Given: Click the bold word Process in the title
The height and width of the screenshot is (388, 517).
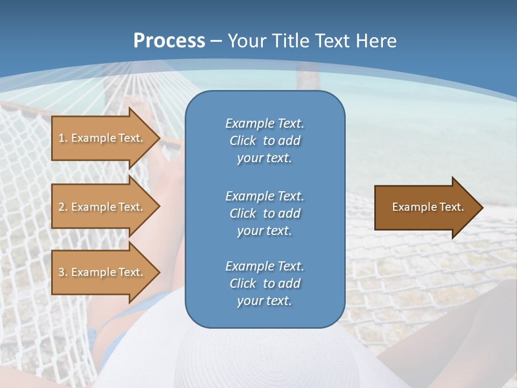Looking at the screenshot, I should point(169,41).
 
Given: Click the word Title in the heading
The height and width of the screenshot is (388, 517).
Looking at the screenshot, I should point(291,41).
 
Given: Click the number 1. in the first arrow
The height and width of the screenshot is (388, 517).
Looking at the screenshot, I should point(63,138).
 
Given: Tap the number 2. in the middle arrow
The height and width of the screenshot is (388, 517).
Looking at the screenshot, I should point(63,207).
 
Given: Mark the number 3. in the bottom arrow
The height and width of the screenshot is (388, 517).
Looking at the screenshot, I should point(63,272).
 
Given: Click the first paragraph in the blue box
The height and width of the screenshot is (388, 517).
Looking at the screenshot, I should point(264,141).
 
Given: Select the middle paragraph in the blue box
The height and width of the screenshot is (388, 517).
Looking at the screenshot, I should point(264,213).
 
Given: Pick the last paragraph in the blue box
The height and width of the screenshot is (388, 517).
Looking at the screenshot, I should point(264,283).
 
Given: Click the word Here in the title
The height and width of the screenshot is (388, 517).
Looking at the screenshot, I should point(378,41).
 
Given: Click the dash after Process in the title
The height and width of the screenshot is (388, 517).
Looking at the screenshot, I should point(216,41).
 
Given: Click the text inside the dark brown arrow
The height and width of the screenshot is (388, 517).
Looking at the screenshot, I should point(428,207).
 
